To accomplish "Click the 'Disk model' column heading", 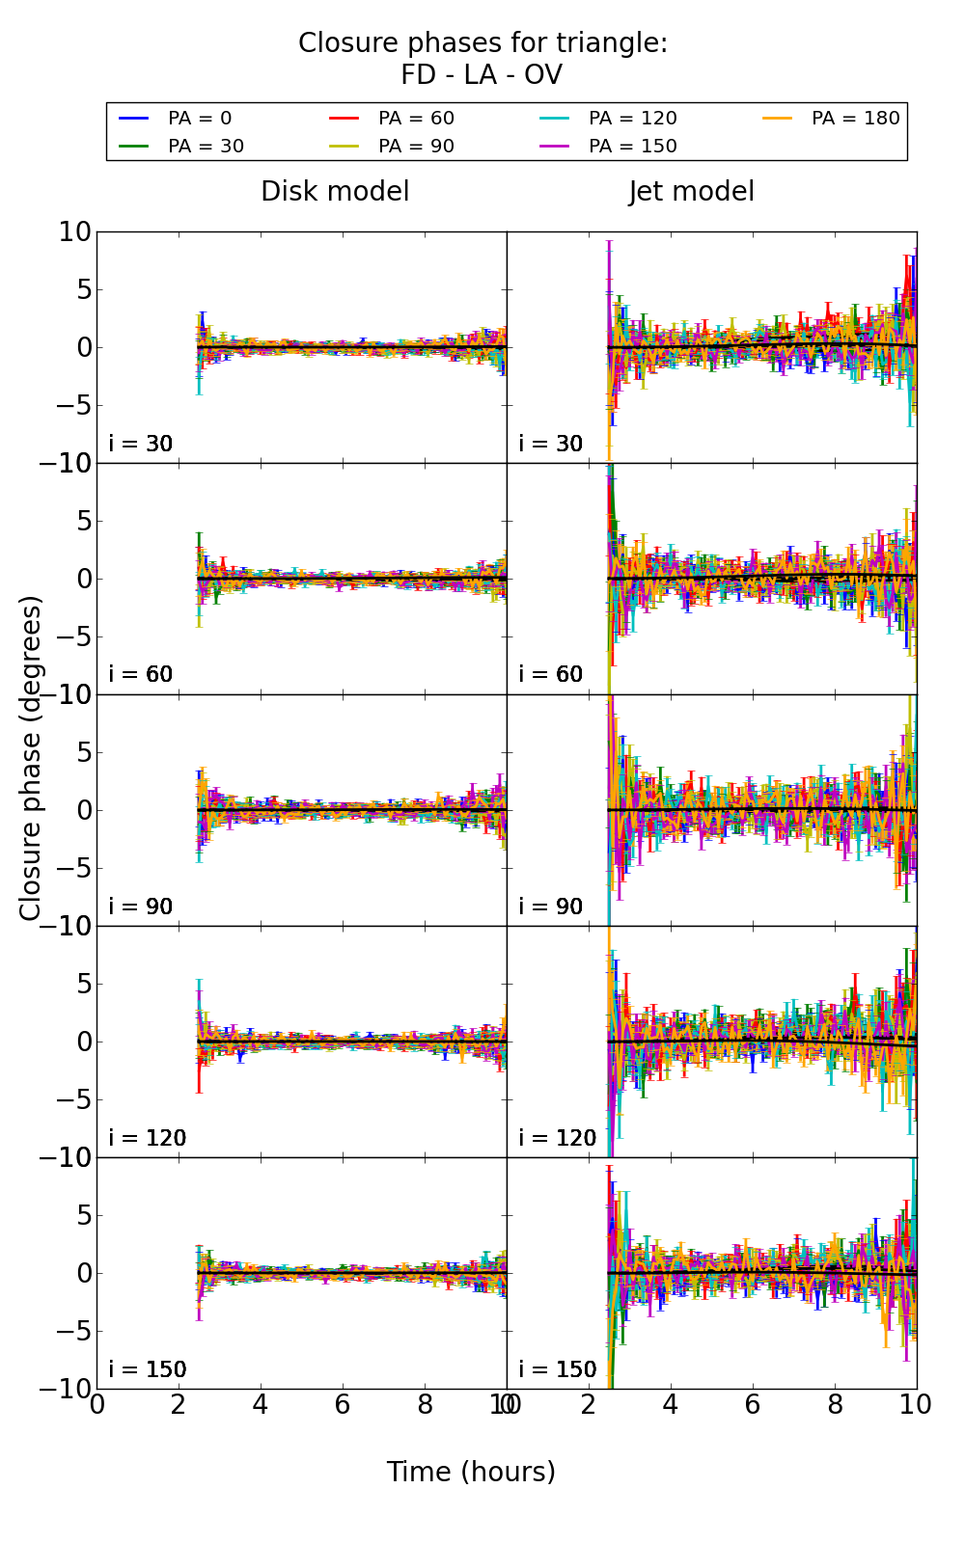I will coord(335,192).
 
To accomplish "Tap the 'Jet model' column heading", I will coord(691,192).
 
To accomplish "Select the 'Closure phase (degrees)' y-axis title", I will coord(31,758).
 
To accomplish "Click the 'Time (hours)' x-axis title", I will coord(471,1472).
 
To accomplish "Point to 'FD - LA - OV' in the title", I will coord(482,75).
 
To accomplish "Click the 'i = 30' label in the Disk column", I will coord(141,444).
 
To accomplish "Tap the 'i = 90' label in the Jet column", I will coord(551,907).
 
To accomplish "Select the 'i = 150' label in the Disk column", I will coord(148,1369).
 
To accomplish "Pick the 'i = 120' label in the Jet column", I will coord(558,1138).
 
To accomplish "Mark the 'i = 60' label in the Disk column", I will coord(141,674).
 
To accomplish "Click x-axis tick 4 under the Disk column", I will coord(261,1405).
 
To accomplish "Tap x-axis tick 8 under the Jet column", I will coord(835,1405).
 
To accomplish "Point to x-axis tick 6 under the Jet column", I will coord(753,1405).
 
